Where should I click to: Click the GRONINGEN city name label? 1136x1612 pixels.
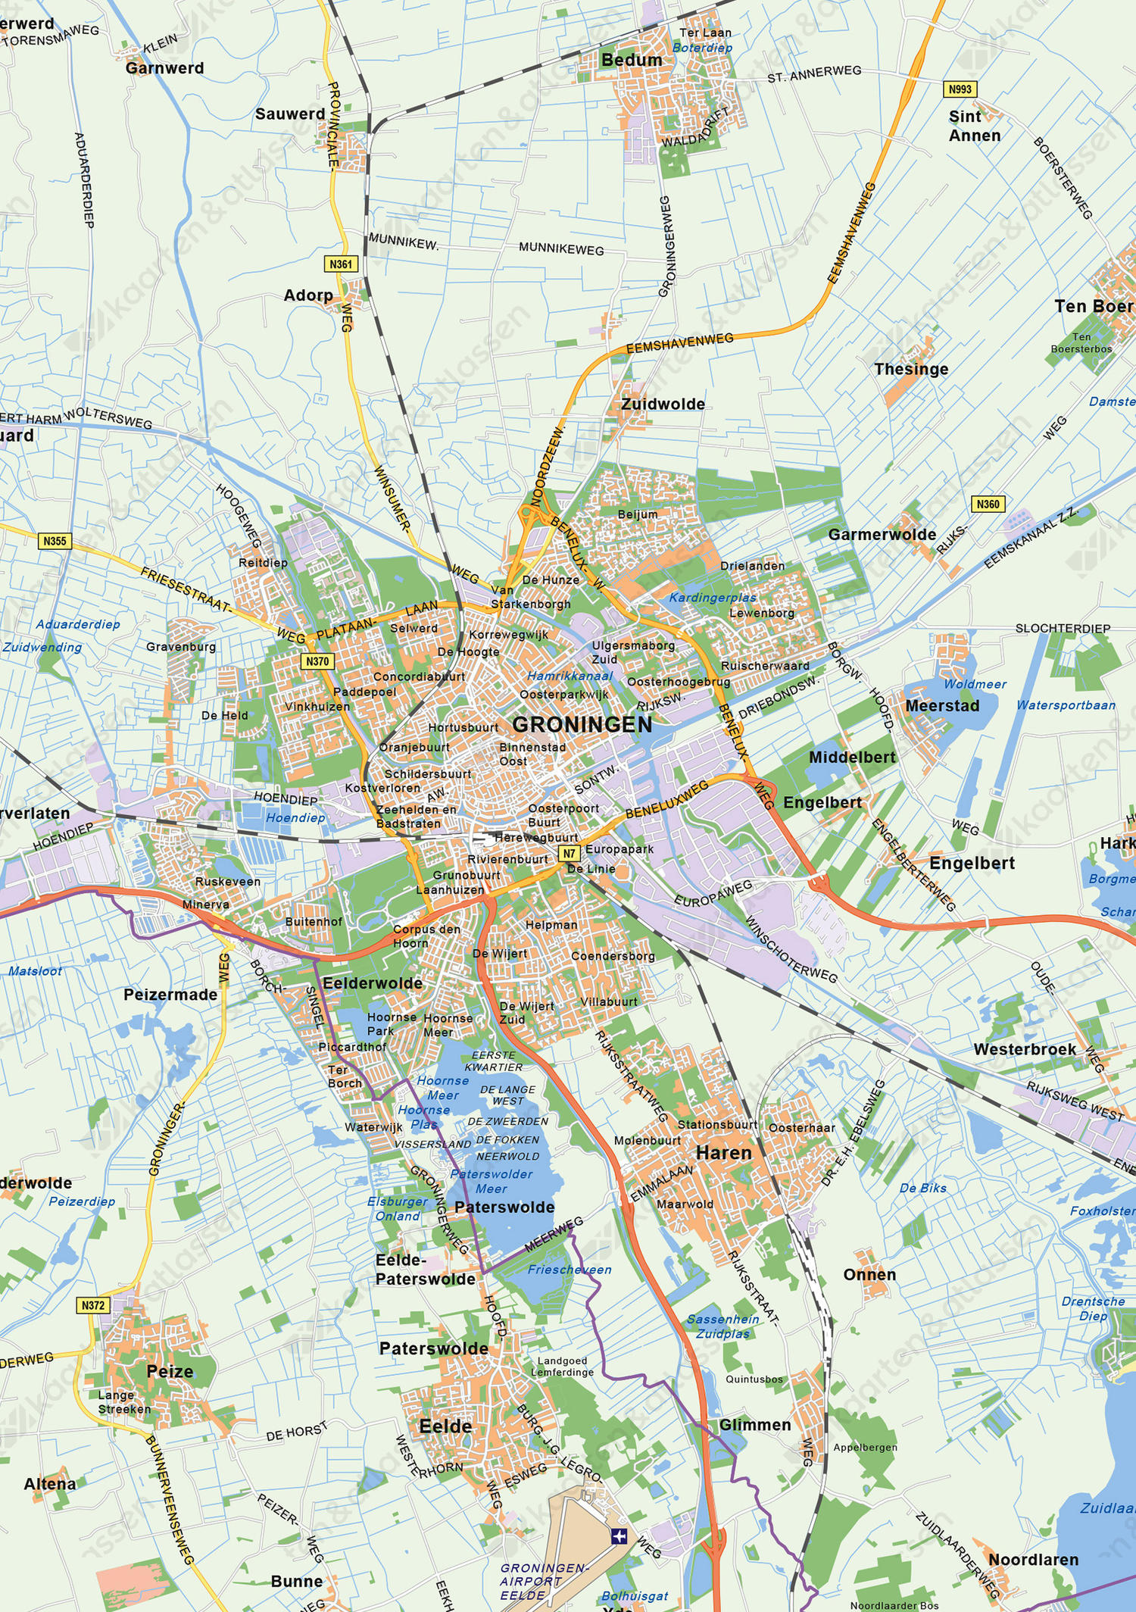(x=582, y=725)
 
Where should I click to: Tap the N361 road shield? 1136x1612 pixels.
(x=341, y=264)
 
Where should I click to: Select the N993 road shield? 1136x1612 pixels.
(x=960, y=89)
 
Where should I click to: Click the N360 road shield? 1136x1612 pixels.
(x=988, y=504)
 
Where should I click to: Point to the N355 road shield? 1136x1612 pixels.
(x=55, y=541)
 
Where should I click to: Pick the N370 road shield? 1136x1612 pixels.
(x=317, y=661)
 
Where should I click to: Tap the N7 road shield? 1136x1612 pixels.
(x=570, y=853)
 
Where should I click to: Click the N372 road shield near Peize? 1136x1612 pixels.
(x=93, y=1305)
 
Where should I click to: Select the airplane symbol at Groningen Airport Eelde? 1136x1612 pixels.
(x=619, y=1535)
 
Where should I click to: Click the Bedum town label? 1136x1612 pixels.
(x=632, y=60)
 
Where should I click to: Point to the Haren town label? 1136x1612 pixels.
(x=723, y=1153)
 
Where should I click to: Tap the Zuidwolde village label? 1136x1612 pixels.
(x=663, y=404)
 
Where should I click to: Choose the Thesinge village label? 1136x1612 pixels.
(x=911, y=369)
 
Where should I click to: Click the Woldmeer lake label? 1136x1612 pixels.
(x=975, y=684)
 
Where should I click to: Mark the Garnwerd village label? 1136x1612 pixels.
(x=164, y=68)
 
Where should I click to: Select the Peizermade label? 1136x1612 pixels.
(x=170, y=995)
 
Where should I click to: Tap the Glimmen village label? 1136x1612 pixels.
(x=755, y=1425)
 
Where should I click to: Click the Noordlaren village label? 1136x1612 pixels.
(x=1033, y=1560)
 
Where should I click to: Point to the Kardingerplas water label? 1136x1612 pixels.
(x=712, y=598)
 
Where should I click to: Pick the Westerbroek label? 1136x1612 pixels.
(x=1025, y=1049)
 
